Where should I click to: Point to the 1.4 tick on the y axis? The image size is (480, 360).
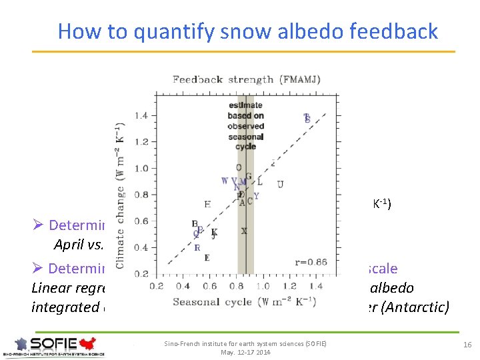click(141, 115)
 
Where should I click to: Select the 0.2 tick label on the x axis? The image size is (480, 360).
click(156, 286)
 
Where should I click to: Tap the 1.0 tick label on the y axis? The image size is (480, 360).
click(141, 168)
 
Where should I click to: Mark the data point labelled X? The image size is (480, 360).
click(244, 231)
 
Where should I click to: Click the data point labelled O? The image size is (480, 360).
click(239, 167)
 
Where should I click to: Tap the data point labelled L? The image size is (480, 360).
click(259, 181)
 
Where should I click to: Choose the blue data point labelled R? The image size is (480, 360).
click(197, 247)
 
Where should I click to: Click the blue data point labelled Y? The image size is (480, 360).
click(256, 196)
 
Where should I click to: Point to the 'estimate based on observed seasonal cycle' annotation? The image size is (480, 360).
click(245, 126)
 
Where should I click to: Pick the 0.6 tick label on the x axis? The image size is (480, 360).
click(209, 286)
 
